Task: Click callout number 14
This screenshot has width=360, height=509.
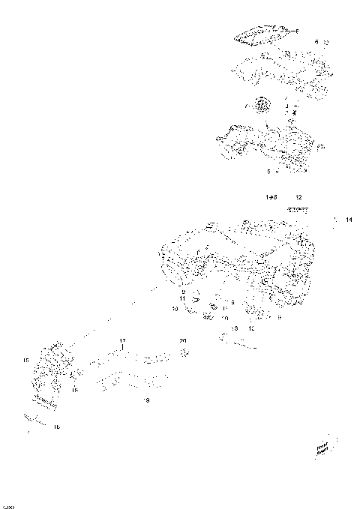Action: (349, 220)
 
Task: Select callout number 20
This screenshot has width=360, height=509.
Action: (182, 341)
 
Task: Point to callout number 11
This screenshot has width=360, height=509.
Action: (182, 298)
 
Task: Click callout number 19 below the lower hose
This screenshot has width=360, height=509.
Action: (146, 400)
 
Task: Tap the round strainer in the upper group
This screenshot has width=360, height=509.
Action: (262, 106)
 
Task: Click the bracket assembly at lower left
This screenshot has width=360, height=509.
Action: (51, 375)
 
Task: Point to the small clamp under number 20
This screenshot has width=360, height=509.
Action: (185, 354)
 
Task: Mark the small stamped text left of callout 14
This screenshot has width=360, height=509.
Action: (300, 211)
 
